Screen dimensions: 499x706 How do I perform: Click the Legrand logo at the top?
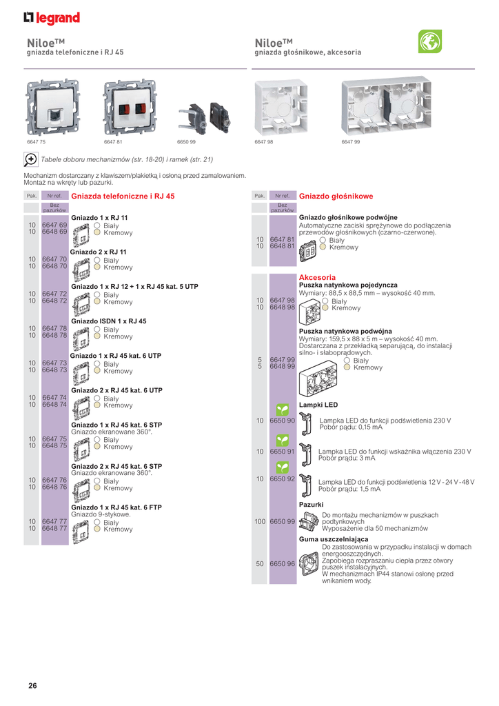click(52, 18)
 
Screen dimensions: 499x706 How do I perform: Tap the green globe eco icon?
click(429, 42)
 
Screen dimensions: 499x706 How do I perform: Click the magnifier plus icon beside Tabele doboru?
click(31, 159)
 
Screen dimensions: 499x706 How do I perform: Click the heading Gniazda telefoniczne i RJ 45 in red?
click(123, 196)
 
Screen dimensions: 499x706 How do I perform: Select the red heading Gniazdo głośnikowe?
click(336, 196)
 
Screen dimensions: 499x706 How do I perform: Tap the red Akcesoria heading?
click(317, 277)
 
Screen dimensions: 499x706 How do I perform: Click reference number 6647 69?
click(54, 225)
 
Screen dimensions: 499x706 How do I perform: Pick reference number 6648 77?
click(54, 529)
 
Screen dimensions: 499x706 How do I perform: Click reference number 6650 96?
click(282, 563)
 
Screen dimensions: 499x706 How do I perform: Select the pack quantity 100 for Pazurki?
click(259, 522)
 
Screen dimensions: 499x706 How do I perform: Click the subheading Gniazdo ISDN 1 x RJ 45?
click(109, 321)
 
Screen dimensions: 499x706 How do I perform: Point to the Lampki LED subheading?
click(318, 405)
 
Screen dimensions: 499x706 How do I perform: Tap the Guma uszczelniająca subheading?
click(333, 538)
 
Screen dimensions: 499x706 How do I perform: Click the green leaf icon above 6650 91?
click(282, 439)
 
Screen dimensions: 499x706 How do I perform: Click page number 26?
click(32, 685)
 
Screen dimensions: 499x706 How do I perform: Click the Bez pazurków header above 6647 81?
click(282, 208)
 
